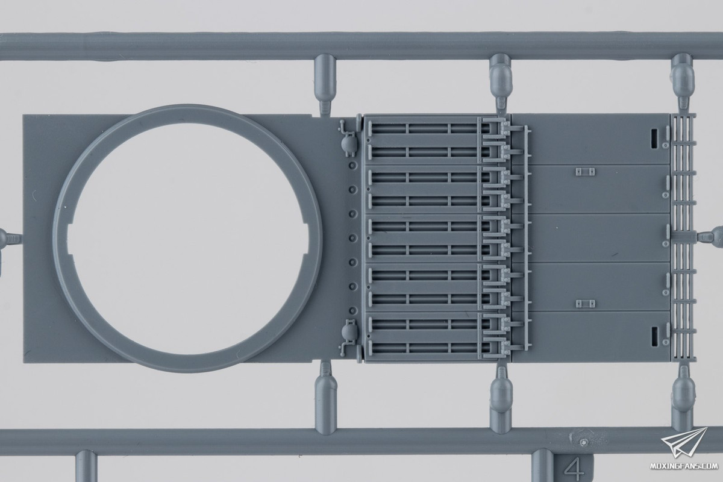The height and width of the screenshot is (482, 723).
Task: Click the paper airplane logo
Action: pyautogui.click(x=684, y=443)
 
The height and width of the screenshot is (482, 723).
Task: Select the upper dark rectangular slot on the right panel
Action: pyautogui.click(x=654, y=138)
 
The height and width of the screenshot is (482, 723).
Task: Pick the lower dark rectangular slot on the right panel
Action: pyautogui.click(x=654, y=337)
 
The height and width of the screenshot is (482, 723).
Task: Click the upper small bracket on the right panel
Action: pyautogui.click(x=585, y=172)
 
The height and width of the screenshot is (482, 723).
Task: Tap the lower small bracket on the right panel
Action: pyautogui.click(x=586, y=304)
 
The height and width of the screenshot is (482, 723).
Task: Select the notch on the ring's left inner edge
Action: pyautogui.click(x=70, y=239)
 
